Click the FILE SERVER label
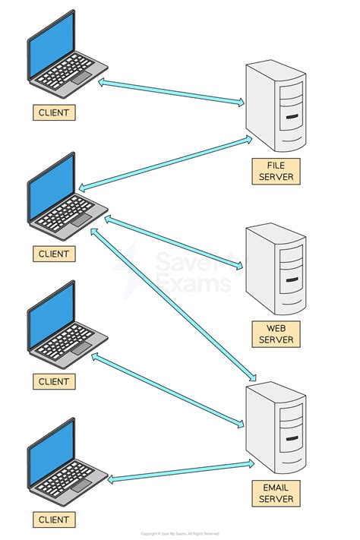pos(275,171)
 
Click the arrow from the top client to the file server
pos(172,90)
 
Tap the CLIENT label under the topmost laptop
pos(54,113)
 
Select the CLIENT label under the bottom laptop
pos(54,520)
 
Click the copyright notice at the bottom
pos(180,535)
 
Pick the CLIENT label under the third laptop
pos(54,381)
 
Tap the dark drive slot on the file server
pos(292,117)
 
